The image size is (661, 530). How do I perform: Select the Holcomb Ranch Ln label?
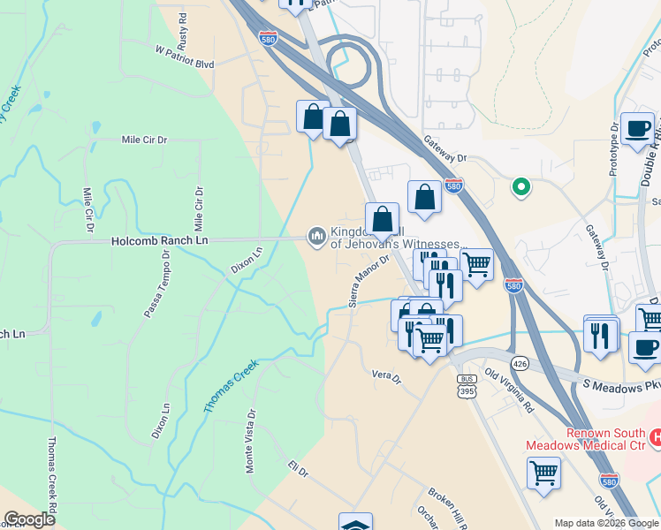(159, 240)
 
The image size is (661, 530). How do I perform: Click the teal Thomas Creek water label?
(232, 386)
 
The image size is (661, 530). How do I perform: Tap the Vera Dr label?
(386, 377)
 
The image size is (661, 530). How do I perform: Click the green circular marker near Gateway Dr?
(521, 186)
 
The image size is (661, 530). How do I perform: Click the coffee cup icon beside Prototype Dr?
(637, 129)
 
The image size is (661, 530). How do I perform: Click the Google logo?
(30, 519)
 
